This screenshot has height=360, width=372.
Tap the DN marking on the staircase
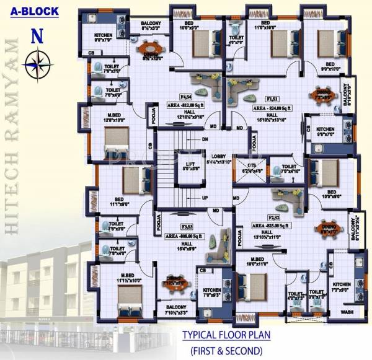(x=205, y=139)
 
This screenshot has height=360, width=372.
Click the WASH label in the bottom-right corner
(x=348, y=312)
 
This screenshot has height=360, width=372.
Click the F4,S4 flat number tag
(x=185, y=97)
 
